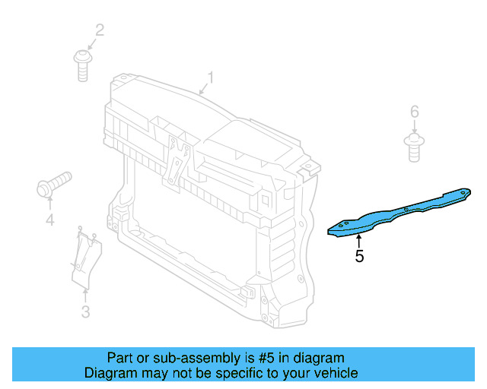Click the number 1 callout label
211,77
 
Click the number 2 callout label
99,30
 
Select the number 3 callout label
85,312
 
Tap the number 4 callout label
49,220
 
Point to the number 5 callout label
359,257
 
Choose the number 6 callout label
415,112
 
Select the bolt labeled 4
52,185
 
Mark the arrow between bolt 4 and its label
49,202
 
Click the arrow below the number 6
415,128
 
